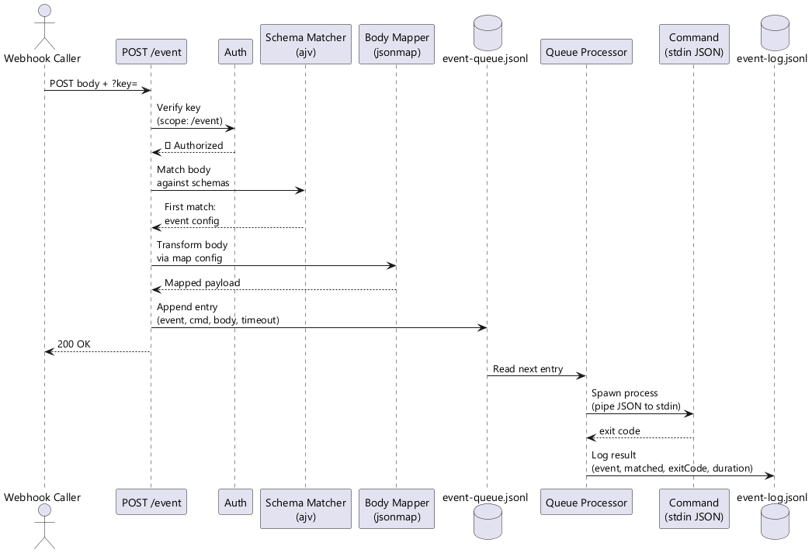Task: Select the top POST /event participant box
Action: tap(151, 52)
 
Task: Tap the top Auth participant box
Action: tap(235, 52)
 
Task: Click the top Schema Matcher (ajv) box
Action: tap(305, 44)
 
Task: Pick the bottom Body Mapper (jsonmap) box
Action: tap(396, 510)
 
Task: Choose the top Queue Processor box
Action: tap(585, 52)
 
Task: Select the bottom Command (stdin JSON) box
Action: tap(693, 510)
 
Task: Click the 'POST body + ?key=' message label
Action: tap(93, 82)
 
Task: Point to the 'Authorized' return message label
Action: tap(197, 146)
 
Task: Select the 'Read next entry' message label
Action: tap(528, 368)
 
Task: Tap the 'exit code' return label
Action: tap(619, 431)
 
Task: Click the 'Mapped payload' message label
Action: tap(202, 282)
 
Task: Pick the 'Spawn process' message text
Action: tap(624, 393)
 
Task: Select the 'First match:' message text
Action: tap(189, 207)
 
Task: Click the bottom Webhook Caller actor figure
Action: tap(43, 527)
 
